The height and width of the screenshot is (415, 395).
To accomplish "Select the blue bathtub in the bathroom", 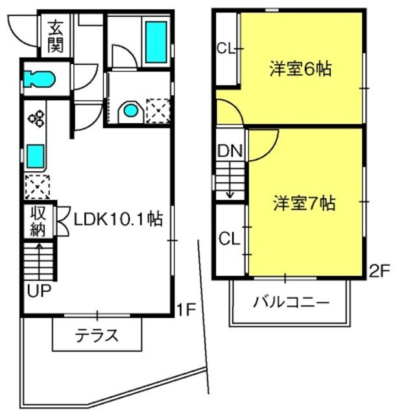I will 155,41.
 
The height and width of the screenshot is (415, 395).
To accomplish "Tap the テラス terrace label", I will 97,336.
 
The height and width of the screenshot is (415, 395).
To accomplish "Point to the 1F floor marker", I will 186,311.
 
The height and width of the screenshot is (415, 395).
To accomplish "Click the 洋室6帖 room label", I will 300,69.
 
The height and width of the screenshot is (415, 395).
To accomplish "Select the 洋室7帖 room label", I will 304,204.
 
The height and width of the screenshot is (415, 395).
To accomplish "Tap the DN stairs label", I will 229,152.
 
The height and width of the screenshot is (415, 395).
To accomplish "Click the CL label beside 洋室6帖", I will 225,47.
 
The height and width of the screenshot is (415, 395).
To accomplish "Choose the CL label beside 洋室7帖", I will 228,239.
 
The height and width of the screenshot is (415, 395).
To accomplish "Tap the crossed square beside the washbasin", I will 158,110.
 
